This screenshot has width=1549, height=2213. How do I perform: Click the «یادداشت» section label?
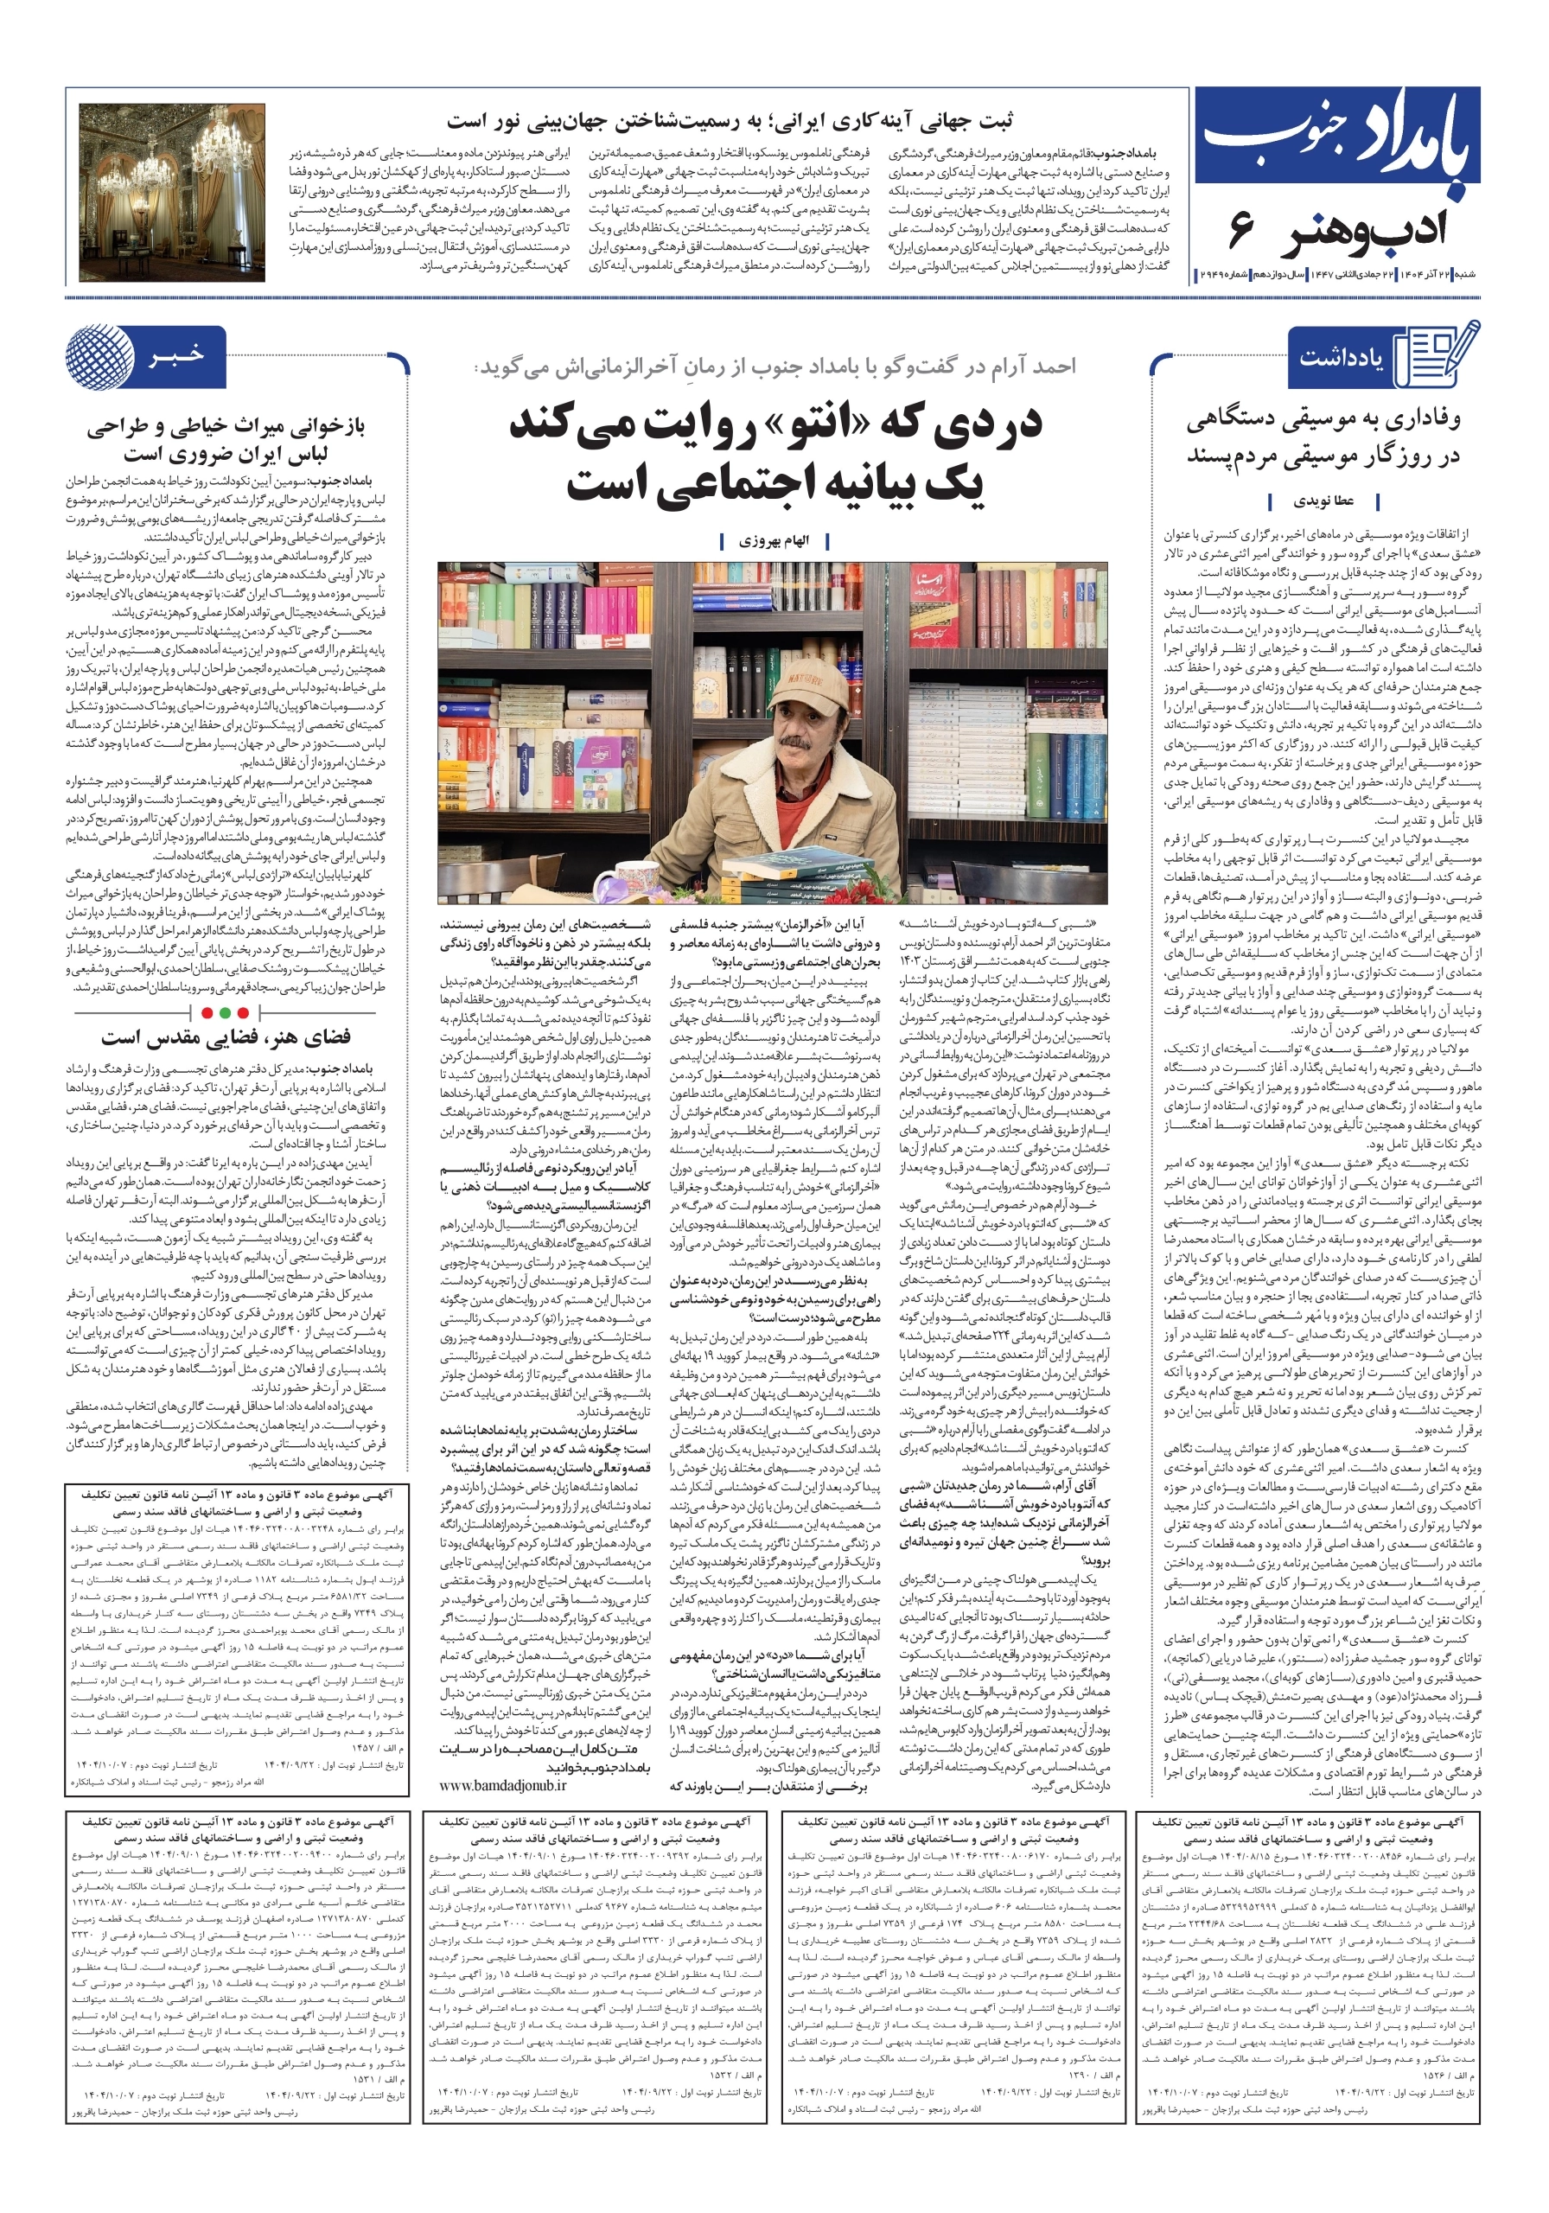(x=1340, y=358)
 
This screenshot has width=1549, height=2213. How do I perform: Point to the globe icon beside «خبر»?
(x=100, y=357)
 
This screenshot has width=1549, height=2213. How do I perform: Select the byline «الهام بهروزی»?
(x=774, y=541)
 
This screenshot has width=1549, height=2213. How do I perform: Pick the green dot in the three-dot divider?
(x=225, y=1013)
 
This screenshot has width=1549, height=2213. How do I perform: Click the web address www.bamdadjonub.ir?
(x=502, y=1785)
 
